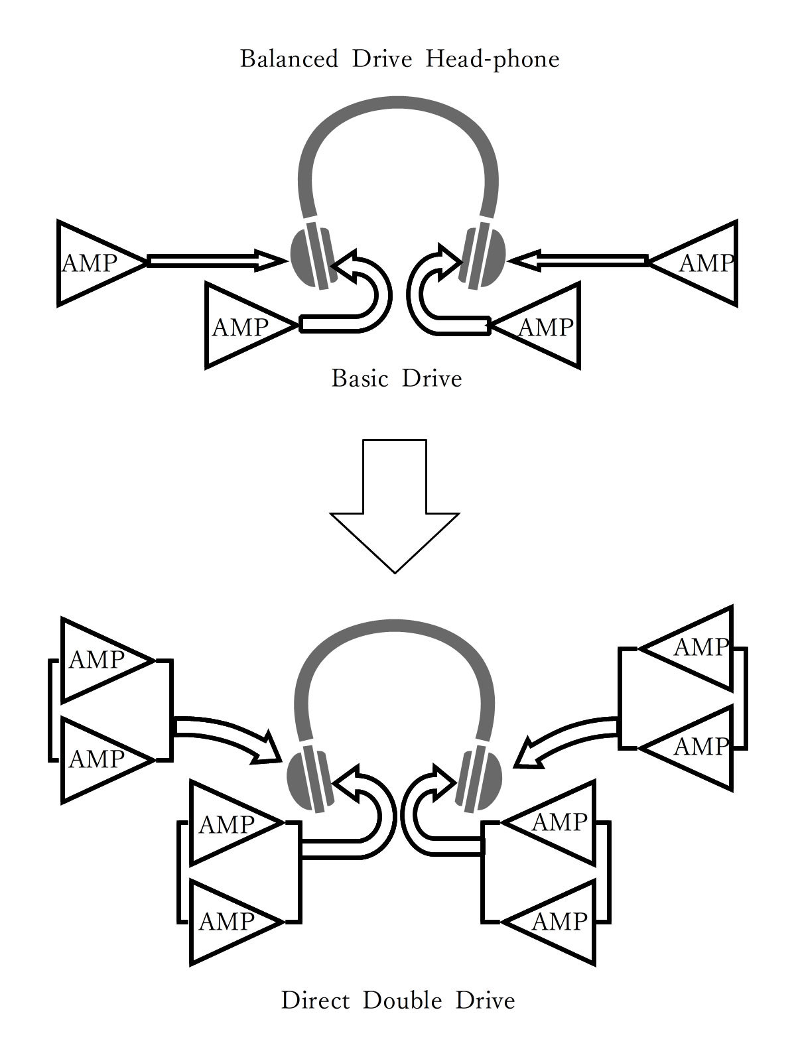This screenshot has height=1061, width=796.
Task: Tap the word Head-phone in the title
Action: pyautogui.click(x=493, y=59)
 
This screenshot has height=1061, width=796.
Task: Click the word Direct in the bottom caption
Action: pyautogui.click(x=315, y=1000)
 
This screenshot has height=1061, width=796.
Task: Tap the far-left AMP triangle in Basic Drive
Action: pyautogui.click(x=93, y=263)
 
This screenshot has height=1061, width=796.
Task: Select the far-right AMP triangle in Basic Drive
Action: pyautogui.click(x=703, y=263)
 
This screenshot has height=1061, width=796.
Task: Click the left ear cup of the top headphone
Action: pyautogui.click(x=312, y=255)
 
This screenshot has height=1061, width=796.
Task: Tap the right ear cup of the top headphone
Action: pyautogui.click(x=484, y=255)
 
